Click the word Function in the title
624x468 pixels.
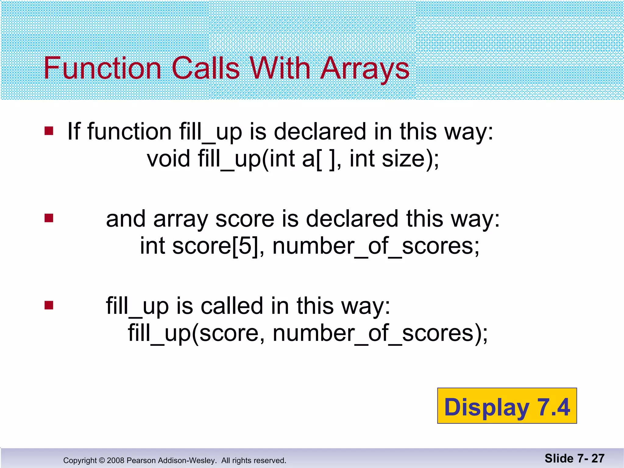pos(102,68)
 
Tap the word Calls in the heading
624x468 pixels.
pos(206,68)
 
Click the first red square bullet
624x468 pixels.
pos(49,131)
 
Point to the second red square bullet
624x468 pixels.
pos(49,218)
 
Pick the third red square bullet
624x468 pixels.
pos(49,305)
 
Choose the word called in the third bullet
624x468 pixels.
pos(232,306)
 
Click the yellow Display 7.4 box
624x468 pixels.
pos(507,406)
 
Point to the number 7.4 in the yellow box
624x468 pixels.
pos(553,407)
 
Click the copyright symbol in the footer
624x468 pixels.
pos(102,460)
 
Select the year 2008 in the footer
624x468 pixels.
pos(115,460)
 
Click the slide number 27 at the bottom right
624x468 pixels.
pos(598,458)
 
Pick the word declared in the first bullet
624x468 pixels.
pos(320,132)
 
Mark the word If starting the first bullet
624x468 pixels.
pos(74,131)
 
